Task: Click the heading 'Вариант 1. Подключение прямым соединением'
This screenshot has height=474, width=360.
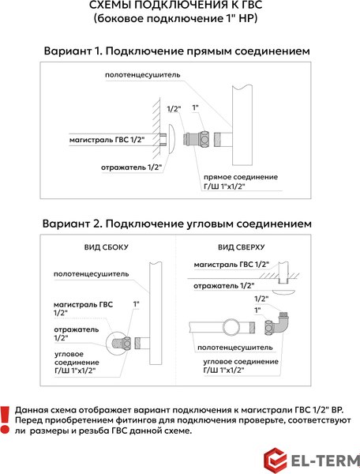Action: tap(177, 51)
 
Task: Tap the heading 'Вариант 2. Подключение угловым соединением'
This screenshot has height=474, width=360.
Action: tap(177, 224)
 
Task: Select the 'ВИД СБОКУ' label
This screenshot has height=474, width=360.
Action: tap(107, 247)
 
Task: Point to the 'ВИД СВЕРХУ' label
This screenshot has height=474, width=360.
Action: tap(246, 247)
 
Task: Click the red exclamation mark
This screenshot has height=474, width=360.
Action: tap(6, 420)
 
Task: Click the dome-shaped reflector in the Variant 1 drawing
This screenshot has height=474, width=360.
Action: tap(172, 141)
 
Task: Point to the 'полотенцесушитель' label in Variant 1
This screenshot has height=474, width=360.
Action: tap(143, 75)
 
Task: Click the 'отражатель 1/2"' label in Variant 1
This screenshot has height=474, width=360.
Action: tap(131, 167)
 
